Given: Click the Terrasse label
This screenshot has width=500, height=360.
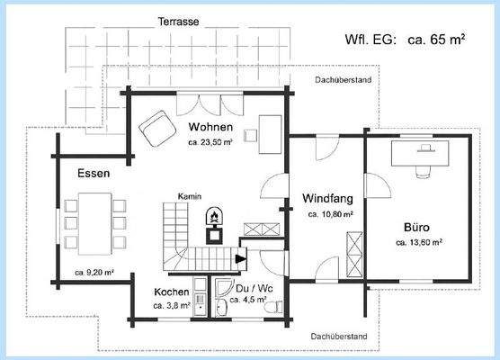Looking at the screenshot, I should click(x=179, y=20).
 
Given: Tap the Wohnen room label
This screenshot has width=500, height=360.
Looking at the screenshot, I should click(x=211, y=127).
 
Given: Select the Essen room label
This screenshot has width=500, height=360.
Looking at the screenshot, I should click(x=94, y=174).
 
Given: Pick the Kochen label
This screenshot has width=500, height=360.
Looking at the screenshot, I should click(x=171, y=292).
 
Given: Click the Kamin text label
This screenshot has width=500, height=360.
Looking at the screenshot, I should click(x=189, y=196).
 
